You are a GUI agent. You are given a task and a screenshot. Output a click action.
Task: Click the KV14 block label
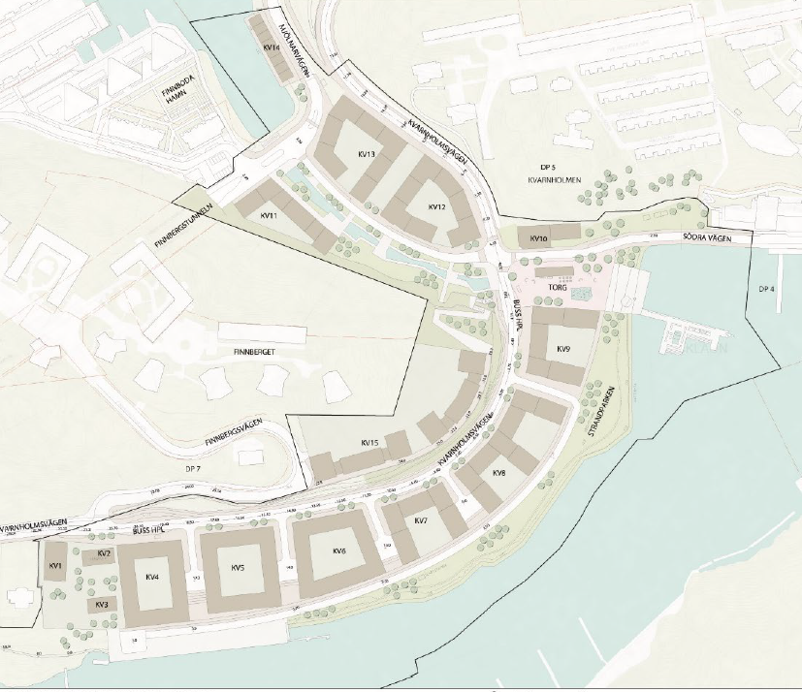coord(271,47)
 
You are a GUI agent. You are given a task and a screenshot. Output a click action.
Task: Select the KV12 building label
coord(436,207)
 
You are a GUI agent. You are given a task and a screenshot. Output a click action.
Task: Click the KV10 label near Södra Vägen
coord(539,237)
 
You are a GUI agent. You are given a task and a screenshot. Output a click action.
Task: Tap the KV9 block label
coord(563,348)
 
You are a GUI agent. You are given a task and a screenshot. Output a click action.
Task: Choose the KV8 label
coord(498,472)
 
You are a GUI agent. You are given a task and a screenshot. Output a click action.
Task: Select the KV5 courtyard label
coord(238,567)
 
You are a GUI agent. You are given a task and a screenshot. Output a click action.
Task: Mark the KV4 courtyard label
coord(151,577)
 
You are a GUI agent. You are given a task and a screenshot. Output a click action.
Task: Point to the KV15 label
coord(369,443)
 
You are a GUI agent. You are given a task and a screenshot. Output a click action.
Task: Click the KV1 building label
coord(55,565)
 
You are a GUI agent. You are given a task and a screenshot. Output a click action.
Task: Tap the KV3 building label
coord(101,604)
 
